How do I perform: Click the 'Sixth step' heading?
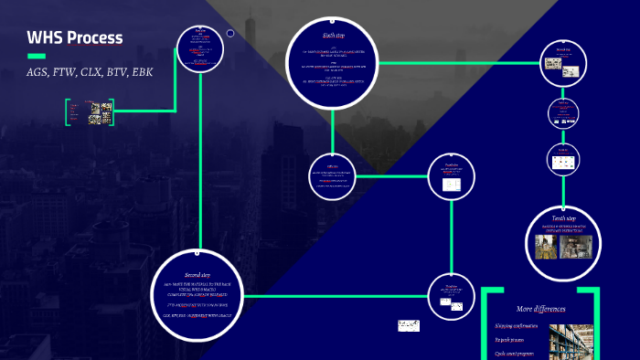click(x=333, y=35)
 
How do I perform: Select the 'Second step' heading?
click(x=198, y=274)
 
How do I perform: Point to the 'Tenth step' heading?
click(x=563, y=218)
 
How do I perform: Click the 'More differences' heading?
click(x=538, y=309)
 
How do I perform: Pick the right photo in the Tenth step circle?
click(x=579, y=244)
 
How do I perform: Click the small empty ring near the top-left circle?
click(x=230, y=34)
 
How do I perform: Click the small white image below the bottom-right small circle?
click(x=409, y=325)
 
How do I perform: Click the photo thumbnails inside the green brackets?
click(x=101, y=112)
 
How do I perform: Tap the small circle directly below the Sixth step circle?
click(x=333, y=175)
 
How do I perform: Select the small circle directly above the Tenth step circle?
click(x=563, y=159)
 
